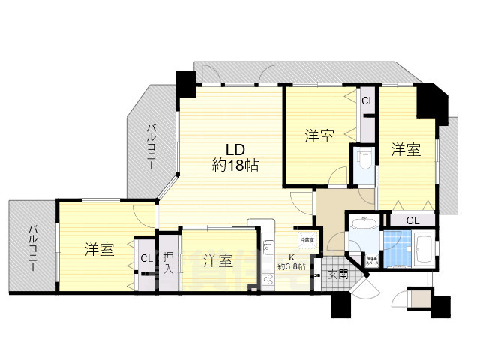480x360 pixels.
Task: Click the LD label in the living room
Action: coord(234,148)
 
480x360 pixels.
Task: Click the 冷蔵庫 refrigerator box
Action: coord(307,240)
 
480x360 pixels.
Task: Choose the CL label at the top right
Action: coord(367,101)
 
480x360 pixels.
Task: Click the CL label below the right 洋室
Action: coord(412,220)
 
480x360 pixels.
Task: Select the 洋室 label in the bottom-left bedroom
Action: coord(98,250)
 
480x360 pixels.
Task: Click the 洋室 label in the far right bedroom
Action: coord(405,150)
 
